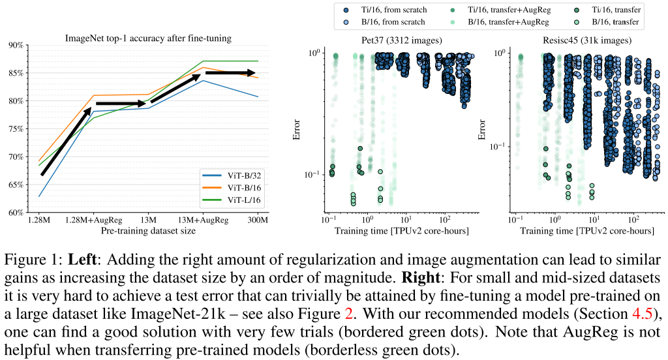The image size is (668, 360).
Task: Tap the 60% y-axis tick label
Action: point(15,213)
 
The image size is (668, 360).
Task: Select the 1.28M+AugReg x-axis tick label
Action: point(93,221)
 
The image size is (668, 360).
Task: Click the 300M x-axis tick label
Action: point(258,221)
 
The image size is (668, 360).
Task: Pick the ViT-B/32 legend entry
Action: point(239,175)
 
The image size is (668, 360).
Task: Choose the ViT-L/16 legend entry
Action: point(239,199)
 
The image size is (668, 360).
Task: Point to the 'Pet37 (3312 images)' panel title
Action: point(402,40)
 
